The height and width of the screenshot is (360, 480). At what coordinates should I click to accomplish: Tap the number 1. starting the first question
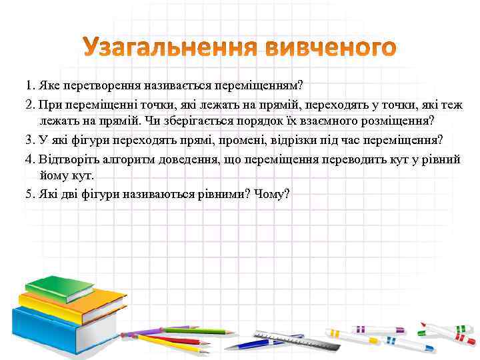[x=30, y=86]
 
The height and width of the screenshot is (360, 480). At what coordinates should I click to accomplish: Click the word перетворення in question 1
[x=99, y=86]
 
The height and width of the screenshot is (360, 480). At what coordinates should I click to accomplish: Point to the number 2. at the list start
[x=30, y=105]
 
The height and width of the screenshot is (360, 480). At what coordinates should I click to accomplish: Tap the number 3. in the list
[x=30, y=141]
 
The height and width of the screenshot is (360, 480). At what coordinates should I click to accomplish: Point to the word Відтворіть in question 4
[x=66, y=160]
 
